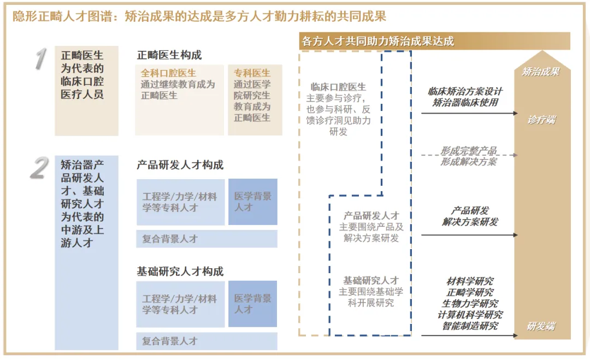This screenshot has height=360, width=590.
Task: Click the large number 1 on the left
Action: pos(39,60)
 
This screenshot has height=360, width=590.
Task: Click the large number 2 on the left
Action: pos(38,168)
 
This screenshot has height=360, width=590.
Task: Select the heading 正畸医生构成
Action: pos(169,55)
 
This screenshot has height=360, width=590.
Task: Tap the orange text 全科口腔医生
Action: pos(168,73)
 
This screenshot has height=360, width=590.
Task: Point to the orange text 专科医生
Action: pos(252,73)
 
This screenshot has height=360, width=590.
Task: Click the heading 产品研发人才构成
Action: pos(180,166)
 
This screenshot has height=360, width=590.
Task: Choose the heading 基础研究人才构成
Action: pos(180,272)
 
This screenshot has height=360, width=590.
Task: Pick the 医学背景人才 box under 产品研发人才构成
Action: pos(252,202)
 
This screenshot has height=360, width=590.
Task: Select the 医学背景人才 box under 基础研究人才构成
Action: pos(252,304)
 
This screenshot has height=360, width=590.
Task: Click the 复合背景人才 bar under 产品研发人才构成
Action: pos(206,239)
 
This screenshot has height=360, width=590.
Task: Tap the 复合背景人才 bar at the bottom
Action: pos(206,341)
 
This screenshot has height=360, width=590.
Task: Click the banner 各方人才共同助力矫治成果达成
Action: pos(378,42)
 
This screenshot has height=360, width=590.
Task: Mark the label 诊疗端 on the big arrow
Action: pos(541,120)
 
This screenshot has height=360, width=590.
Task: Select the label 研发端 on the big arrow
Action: pos(541,326)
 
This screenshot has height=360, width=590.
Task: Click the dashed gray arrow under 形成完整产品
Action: pos(469,155)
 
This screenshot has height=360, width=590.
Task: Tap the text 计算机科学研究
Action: pos(470,315)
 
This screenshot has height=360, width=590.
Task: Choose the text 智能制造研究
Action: pos(470,326)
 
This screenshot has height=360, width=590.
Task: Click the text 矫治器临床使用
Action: pos(465,102)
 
